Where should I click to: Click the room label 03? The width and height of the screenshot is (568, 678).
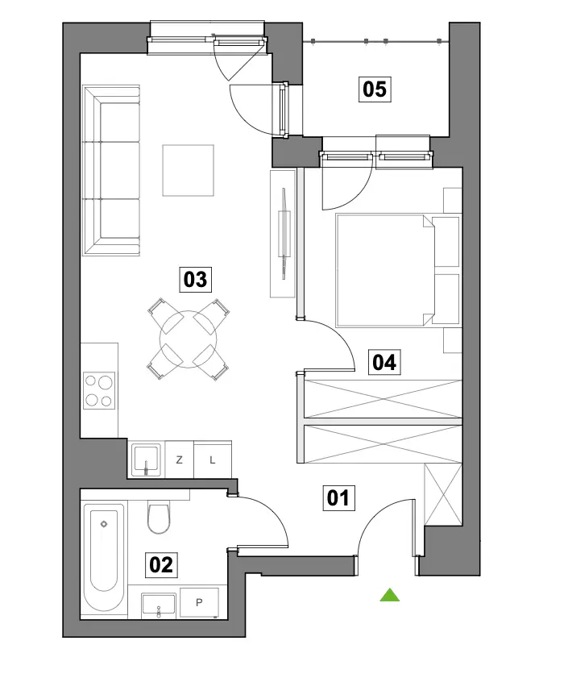point(196,279)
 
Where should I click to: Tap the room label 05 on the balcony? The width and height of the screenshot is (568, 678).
point(375,89)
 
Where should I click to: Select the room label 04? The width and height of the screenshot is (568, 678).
point(384,362)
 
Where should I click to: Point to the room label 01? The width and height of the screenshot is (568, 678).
point(339,498)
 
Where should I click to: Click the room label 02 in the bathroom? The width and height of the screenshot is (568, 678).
point(161,564)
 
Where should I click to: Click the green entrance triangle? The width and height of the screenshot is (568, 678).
point(389,595)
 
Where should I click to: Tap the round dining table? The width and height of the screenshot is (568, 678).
point(188,339)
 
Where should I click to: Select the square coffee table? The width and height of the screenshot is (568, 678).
point(188,170)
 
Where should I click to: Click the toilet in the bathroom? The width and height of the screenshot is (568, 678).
point(159,517)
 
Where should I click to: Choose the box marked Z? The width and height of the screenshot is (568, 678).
point(180,460)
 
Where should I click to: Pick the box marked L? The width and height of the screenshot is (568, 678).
point(213,460)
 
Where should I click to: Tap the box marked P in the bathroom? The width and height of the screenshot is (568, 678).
point(199,602)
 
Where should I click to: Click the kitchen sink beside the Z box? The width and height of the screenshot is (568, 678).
point(146,460)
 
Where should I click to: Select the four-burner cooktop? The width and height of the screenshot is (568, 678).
point(99,390)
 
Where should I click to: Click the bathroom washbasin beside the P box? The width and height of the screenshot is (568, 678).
point(159,605)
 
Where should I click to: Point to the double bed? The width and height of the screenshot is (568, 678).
point(397,270)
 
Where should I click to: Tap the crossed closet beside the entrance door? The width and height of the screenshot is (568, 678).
point(443,495)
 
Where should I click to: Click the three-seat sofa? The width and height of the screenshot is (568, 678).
point(111,170)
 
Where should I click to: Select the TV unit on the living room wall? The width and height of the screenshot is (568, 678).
point(283,234)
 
